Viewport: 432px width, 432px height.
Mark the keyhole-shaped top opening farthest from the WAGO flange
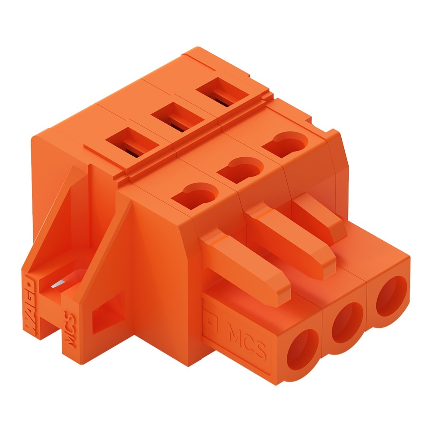click(x=285, y=145)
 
